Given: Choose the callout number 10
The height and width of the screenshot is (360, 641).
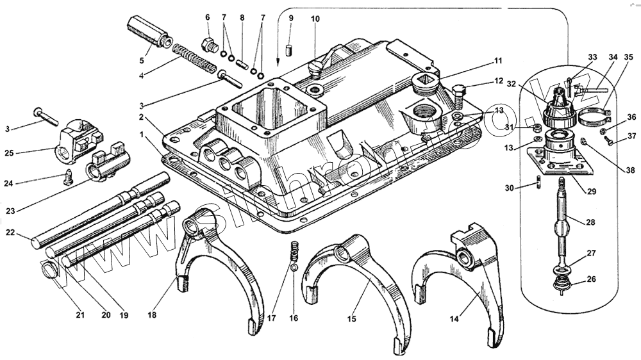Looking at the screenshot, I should click(315, 20).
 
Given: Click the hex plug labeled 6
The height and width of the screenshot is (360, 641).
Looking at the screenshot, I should click(207, 45).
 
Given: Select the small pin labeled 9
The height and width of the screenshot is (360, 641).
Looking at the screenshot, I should click(290, 49).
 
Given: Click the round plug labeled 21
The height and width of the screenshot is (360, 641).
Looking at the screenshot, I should click(50, 272).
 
